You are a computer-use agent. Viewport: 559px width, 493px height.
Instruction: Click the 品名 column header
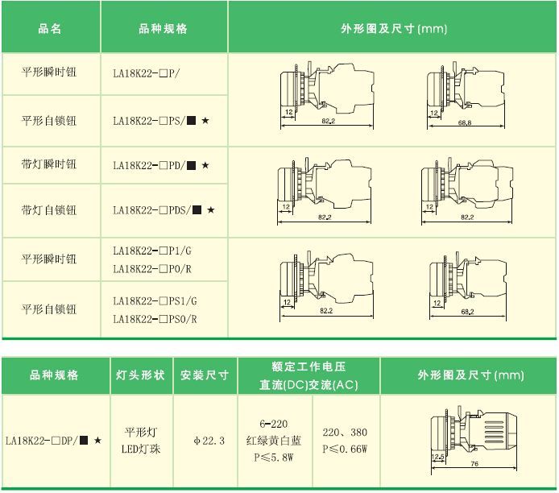coord(50,28)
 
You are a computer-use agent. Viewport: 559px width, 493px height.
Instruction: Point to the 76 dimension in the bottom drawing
coord(474,463)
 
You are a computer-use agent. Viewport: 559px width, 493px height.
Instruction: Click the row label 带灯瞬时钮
coord(50,165)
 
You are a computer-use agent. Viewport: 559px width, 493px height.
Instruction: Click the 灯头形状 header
coord(141,375)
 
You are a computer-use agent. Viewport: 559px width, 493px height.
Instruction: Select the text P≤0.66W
coord(344,449)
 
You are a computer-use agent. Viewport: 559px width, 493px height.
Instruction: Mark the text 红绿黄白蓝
coord(274,441)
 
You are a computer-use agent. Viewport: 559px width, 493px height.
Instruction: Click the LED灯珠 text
coord(141,449)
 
